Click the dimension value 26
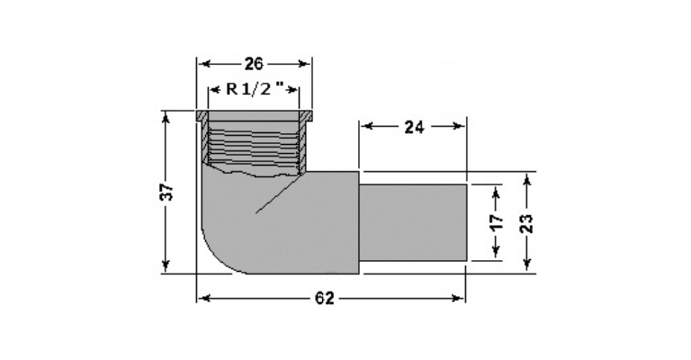click(x=254, y=64)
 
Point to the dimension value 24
click(x=413, y=127)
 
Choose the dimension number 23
click(x=528, y=221)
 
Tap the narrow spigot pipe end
click(x=412, y=222)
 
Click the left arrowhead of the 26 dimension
click(x=202, y=64)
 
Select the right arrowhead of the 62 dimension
click(x=460, y=299)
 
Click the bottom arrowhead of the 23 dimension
click(x=528, y=265)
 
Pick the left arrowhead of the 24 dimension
click(x=365, y=127)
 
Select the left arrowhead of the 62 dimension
click(x=202, y=299)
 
